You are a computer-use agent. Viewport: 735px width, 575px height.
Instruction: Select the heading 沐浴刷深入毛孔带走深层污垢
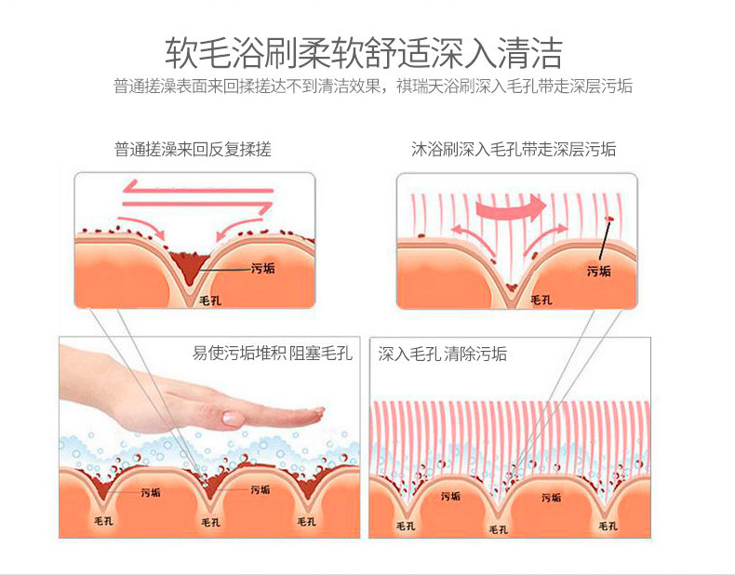pyautogui.click(x=514, y=149)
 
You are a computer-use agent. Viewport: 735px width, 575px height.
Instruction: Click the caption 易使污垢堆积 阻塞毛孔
pyautogui.click(x=273, y=354)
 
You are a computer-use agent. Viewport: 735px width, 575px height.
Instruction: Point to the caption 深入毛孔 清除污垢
pyautogui.click(x=443, y=354)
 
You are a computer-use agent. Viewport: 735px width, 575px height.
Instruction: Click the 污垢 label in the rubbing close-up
pyautogui.click(x=263, y=269)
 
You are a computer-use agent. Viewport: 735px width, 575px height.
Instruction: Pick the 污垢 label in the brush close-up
pyautogui.click(x=599, y=271)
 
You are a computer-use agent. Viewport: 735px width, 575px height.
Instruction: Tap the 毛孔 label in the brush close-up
pyautogui.click(x=541, y=300)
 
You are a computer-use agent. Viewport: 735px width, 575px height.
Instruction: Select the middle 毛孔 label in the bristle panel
pyautogui.click(x=499, y=528)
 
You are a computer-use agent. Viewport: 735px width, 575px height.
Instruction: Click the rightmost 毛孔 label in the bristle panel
pyautogui.click(x=608, y=526)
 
